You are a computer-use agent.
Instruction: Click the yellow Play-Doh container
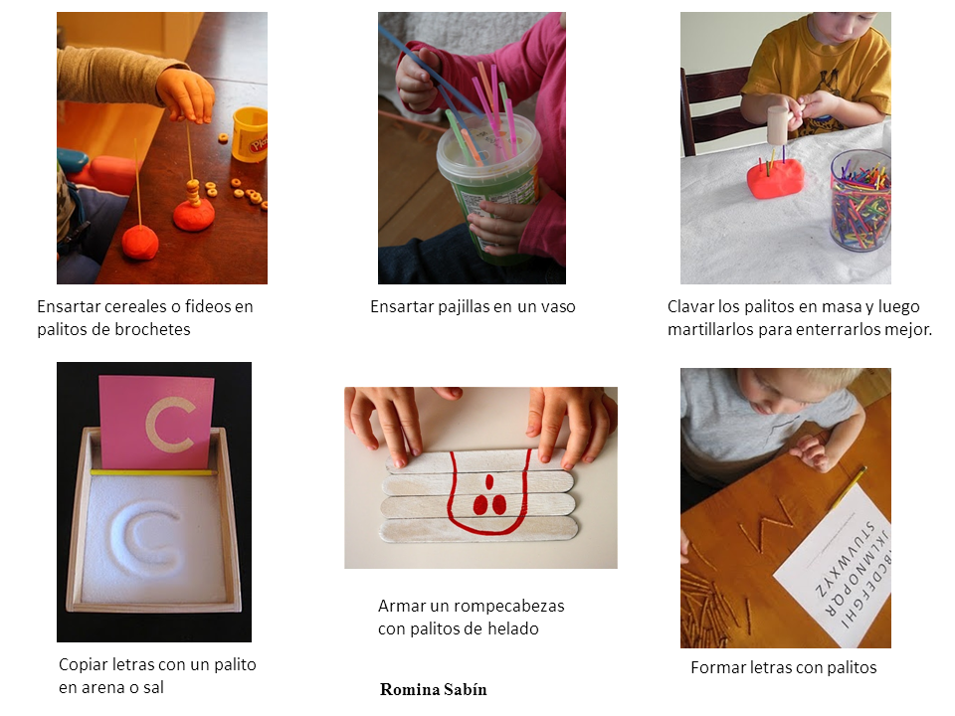tap(251, 134)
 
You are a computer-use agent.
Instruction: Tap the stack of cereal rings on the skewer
tap(193, 194)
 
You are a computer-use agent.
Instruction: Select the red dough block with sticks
tap(775, 179)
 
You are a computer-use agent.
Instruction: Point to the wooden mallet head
tap(777, 125)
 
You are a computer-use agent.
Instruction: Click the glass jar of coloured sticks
tap(860, 201)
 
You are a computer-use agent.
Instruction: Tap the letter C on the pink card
tap(170, 425)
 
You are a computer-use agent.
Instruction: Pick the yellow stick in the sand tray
tap(153, 471)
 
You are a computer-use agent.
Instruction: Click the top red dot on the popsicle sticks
tap(488, 483)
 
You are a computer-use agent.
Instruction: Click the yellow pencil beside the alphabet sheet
tap(850, 487)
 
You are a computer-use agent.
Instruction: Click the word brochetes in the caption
tap(152, 329)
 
